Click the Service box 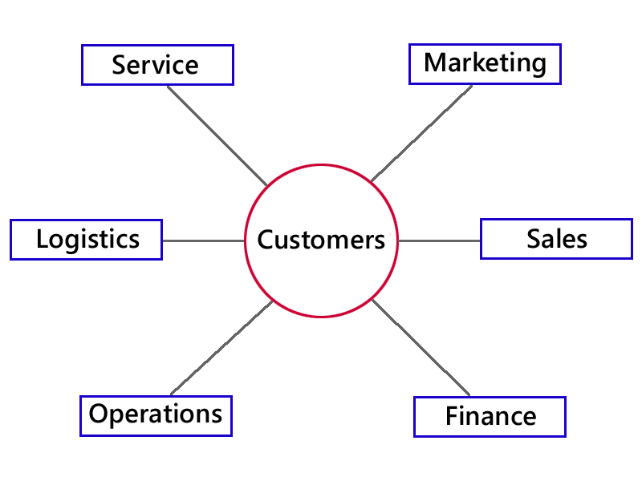(157, 65)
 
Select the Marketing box (485, 64)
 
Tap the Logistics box (86, 239)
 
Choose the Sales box (556, 238)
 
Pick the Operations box (156, 415)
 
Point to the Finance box (490, 417)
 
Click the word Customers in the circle (321, 240)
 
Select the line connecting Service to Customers (217, 135)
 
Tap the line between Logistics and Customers (203, 240)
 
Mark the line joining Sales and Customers (440, 240)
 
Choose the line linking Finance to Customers (422, 348)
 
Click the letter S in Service (119, 65)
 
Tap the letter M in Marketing (434, 63)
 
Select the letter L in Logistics (42, 239)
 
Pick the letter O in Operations (98, 414)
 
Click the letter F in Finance (452, 417)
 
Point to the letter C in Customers (265, 240)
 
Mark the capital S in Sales (534, 238)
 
